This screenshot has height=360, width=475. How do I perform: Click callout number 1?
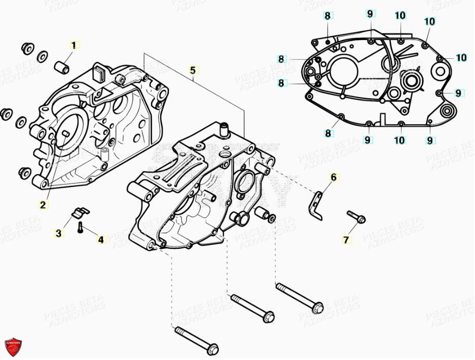pyautogui.click(x=73, y=45)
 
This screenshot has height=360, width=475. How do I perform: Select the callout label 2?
pyautogui.click(x=43, y=205)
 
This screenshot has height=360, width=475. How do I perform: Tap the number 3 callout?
pyautogui.click(x=59, y=234)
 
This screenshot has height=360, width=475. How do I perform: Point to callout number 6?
pyautogui.click(x=334, y=178)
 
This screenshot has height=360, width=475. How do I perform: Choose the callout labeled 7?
pyautogui.click(x=346, y=239)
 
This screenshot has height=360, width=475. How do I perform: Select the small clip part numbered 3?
pyautogui.click(x=80, y=212)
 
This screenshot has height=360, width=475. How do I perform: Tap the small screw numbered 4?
pyautogui.click(x=81, y=227)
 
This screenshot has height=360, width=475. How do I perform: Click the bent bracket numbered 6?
pyautogui.click(x=319, y=203)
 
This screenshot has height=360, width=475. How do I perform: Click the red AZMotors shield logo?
pyautogui.click(x=13, y=347)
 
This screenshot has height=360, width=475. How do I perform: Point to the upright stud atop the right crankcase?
pyautogui.click(x=225, y=128)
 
